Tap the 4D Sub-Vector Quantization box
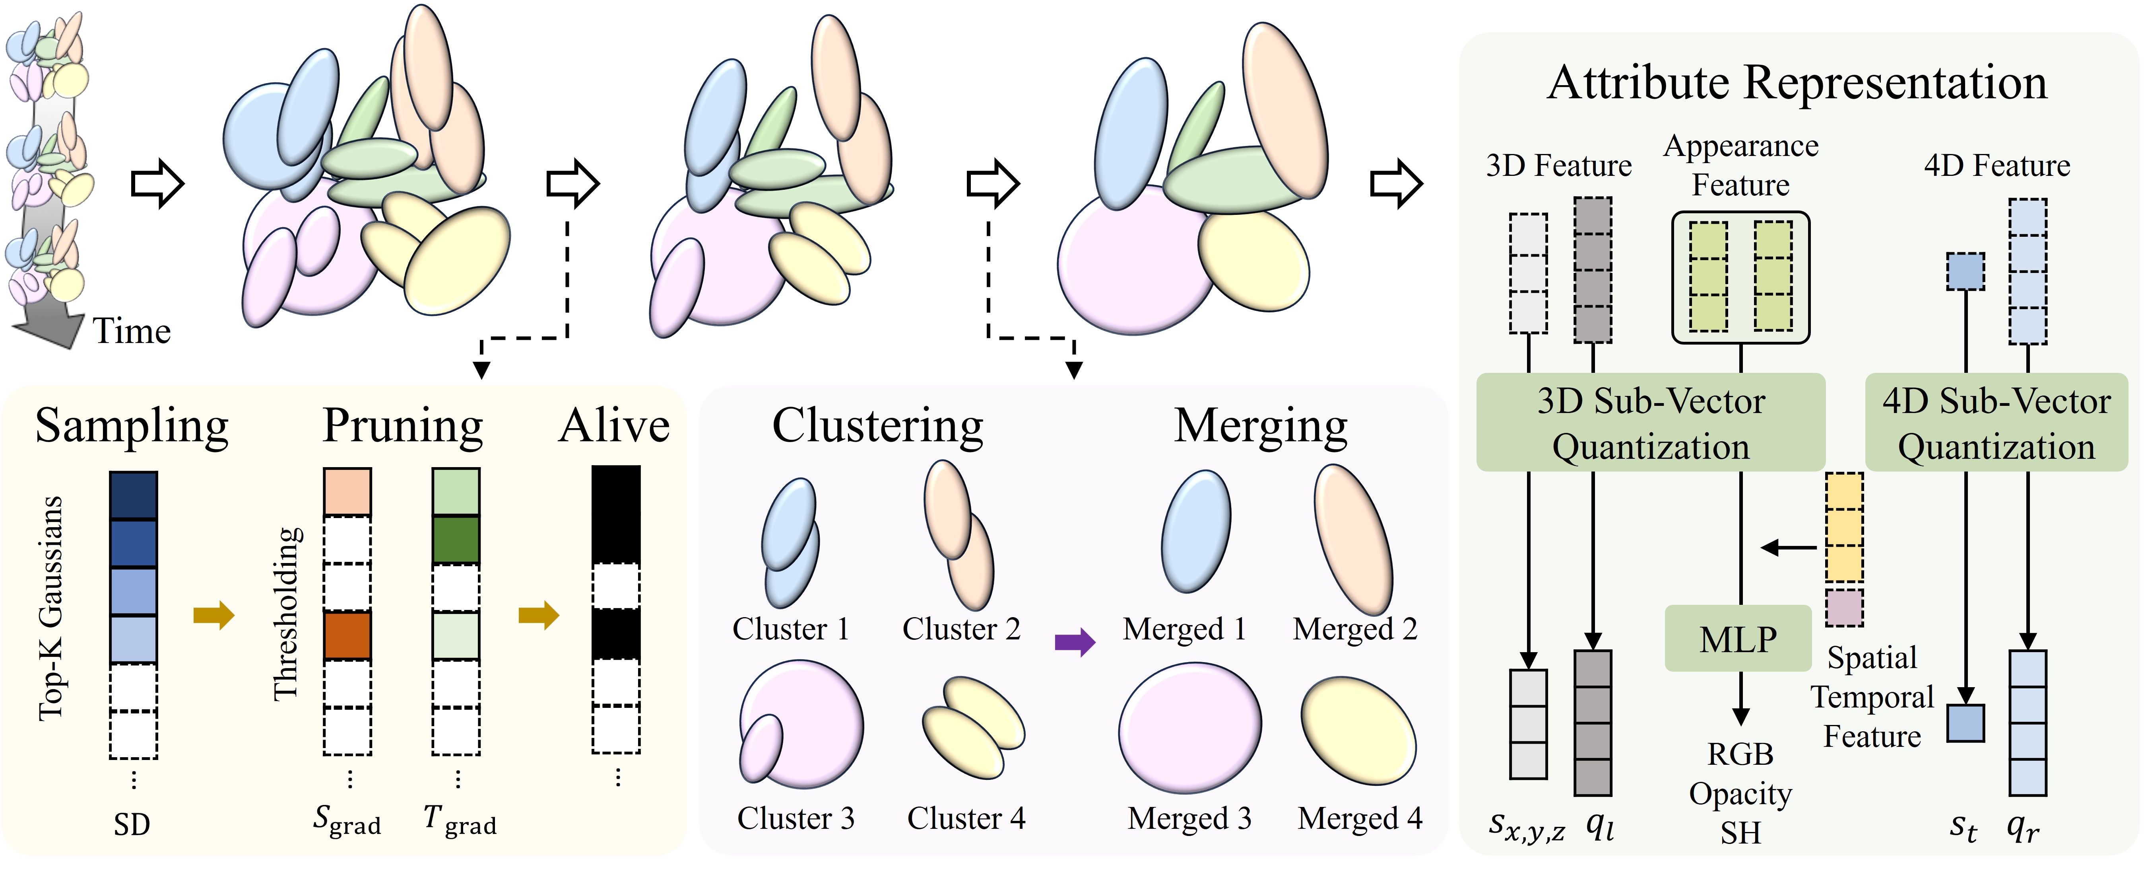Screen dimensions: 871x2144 [1996, 423]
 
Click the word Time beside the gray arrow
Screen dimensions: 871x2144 [132, 331]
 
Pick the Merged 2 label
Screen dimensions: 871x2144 [1354, 629]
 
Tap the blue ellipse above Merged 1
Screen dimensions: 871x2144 [1195, 531]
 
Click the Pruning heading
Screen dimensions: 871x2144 [403, 426]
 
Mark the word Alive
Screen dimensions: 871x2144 [614, 426]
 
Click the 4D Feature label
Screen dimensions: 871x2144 [1997, 166]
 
